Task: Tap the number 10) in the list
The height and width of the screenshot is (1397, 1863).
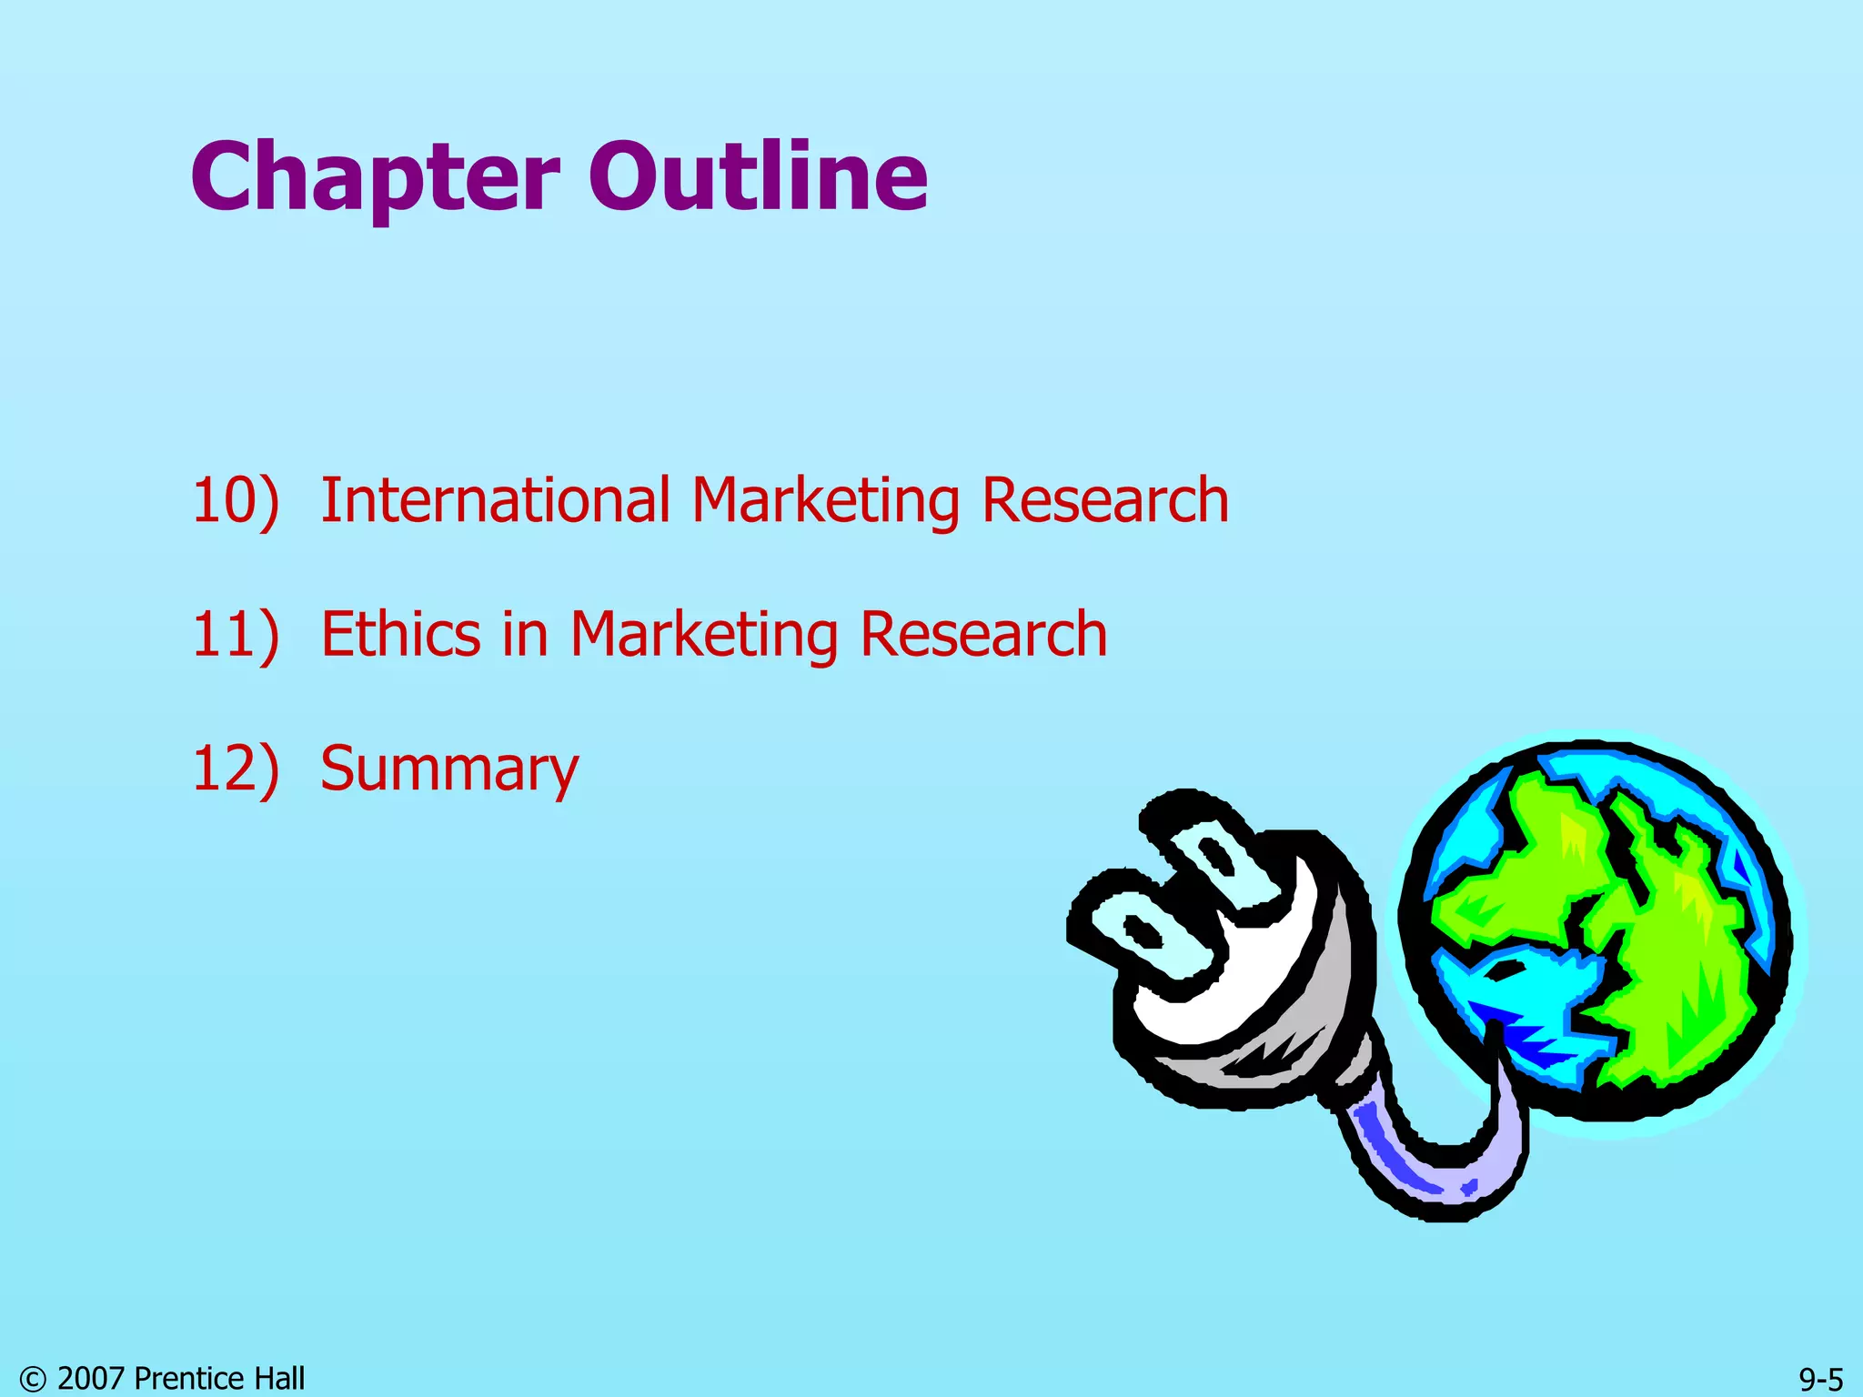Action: (x=235, y=500)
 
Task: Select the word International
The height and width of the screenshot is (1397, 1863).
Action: (x=496, y=500)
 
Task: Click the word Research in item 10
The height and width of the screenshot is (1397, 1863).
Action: (x=1105, y=500)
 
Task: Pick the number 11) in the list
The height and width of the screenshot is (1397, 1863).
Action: (x=235, y=634)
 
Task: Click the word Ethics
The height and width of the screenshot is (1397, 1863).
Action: (x=400, y=634)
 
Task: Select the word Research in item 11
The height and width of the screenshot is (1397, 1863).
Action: (x=983, y=634)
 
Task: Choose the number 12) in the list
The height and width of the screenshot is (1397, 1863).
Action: (x=235, y=769)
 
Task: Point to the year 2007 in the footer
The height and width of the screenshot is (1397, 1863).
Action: (x=91, y=1379)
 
